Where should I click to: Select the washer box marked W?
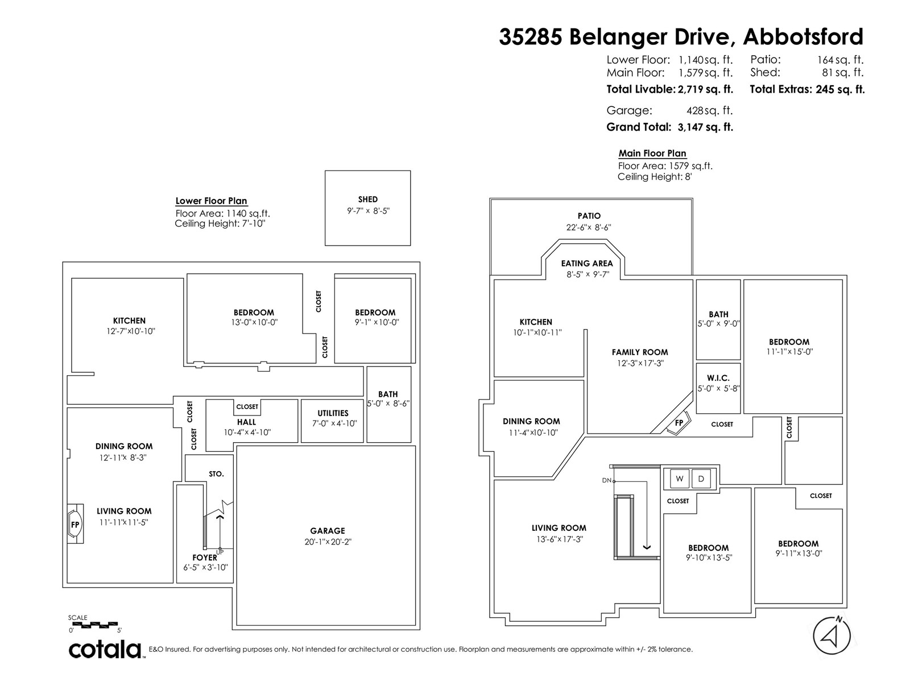tap(680, 479)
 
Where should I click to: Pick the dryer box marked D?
tap(701, 479)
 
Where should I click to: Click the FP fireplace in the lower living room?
tap(75, 524)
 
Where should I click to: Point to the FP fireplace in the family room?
tap(679, 423)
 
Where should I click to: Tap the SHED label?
tap(368, 199)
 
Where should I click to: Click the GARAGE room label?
tap(328, 530)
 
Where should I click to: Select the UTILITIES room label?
tap(333, 413)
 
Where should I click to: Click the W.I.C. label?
tap(718, 378)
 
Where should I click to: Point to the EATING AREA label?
tap(586, 263)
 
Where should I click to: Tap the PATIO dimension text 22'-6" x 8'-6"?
tap(589, 227)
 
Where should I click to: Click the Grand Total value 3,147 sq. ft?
tap(705, 127)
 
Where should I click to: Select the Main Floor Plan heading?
tap(652, 153)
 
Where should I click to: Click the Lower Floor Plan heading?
tap(211, 201)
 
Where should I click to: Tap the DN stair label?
tap(606, 480)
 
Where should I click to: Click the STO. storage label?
tap(216, 474)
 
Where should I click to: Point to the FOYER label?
tap(204, 558)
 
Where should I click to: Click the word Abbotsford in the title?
tap(803, 37)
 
